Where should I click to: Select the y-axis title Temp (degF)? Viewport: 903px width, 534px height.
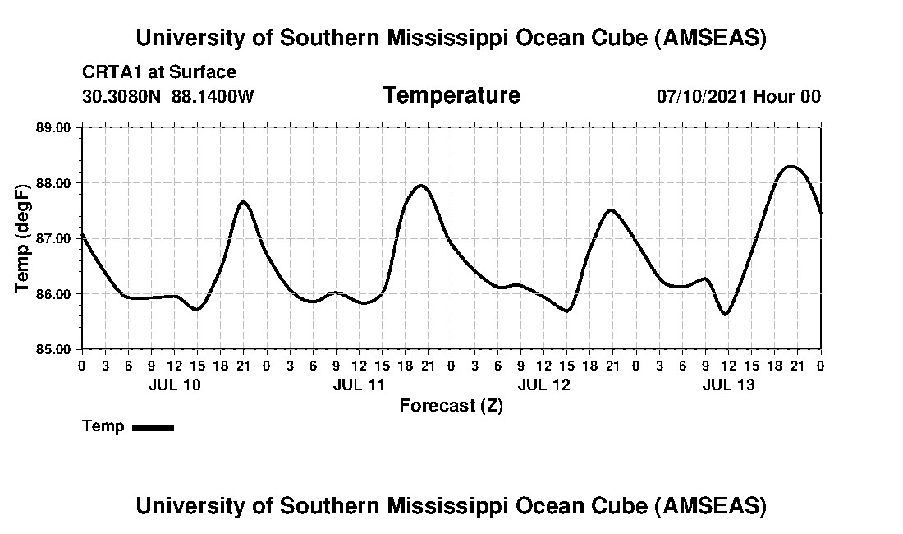[24, 238]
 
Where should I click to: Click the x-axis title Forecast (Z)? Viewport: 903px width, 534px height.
[451, 405]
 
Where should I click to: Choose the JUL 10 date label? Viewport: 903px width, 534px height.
[174, 384]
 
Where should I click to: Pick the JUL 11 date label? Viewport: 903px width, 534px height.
[359, 384]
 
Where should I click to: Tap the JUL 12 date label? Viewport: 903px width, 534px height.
[543, 384]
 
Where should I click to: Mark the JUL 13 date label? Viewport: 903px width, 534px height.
[728, 384]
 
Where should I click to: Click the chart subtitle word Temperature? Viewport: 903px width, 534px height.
[451, 95]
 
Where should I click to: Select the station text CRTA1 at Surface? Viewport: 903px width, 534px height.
[159, 72]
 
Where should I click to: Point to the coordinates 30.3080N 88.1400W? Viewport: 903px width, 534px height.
[168, 96]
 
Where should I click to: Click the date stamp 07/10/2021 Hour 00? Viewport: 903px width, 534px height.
[738, 96]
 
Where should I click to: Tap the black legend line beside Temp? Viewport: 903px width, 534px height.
[153, 427]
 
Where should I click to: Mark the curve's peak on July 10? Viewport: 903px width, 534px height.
[243, 201]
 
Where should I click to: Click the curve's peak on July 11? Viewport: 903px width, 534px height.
[421, 186]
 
